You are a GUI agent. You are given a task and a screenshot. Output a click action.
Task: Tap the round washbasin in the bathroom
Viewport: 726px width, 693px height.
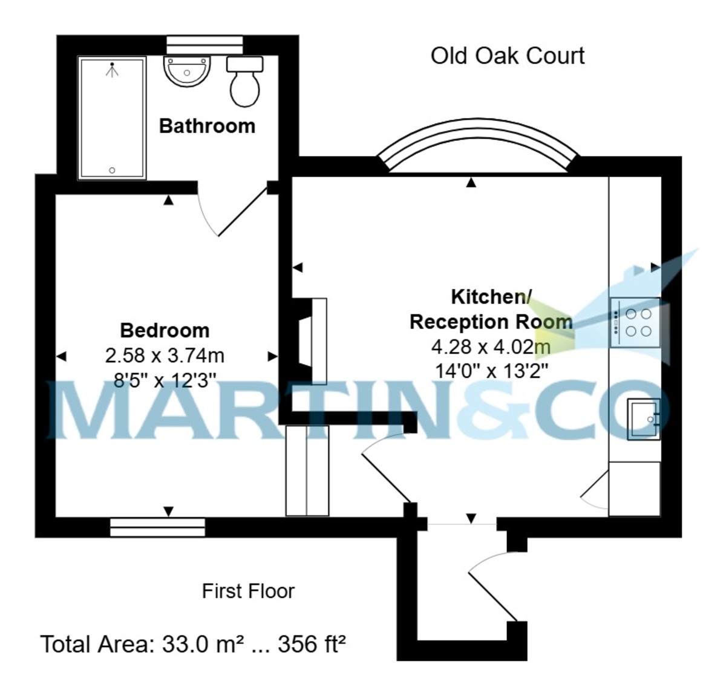coord(187,71)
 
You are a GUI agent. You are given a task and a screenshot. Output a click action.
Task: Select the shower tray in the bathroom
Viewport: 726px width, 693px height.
coord(112,118)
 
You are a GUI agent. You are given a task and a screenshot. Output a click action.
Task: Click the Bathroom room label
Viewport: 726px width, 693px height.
coord(207,126)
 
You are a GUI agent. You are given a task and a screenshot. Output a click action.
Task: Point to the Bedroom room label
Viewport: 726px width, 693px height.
coord(165,330)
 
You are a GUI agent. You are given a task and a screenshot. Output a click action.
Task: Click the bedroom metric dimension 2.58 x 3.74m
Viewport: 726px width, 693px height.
coord(165,356)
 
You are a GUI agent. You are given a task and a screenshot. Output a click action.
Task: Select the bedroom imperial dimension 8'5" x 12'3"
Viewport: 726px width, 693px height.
coord(165,380)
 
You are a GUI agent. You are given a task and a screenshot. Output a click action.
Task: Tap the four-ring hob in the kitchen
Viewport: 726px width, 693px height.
coord(635,323)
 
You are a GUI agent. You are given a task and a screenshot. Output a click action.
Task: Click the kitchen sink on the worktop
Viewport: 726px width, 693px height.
coord(644,418)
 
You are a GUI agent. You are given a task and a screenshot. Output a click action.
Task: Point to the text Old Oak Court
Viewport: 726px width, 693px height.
coord(508,56)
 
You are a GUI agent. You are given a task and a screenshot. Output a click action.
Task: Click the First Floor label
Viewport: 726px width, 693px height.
coord(248,591)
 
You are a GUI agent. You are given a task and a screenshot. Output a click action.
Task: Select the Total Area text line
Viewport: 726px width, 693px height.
coord(193,645)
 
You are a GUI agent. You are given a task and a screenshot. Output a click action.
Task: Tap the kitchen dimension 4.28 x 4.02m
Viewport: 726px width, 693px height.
coord(491,346)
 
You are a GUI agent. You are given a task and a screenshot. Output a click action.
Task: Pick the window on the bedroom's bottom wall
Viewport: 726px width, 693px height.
coord(157,527)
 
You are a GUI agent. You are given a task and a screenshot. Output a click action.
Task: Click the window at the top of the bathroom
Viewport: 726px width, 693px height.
coord(204,45)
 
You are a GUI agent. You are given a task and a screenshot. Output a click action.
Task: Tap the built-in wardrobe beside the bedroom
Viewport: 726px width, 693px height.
coord(307,470)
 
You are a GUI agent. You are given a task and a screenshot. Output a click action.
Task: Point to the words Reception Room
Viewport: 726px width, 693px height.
coord(491,322)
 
